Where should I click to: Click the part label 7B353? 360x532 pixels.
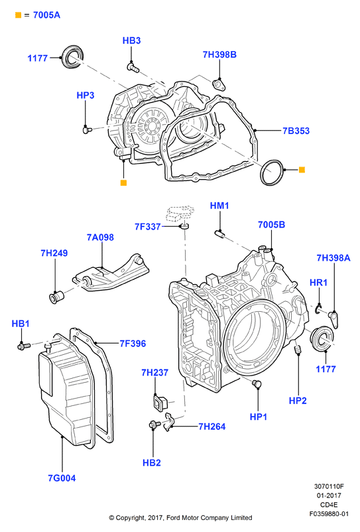click(296, 131)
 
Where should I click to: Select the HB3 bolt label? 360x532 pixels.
click(131, 40)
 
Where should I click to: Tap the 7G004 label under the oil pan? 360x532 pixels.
click(62, 478)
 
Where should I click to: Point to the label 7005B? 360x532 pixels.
click(272, 225)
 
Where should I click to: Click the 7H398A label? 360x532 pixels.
click(333, 258)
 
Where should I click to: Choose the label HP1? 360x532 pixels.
click(259, 417)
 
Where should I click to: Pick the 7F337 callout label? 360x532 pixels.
click(148, 227)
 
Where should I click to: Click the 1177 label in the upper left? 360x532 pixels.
click(37, 58)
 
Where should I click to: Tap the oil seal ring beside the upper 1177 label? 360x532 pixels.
click(72, 56)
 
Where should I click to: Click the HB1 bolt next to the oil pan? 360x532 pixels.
click(24, 346)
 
